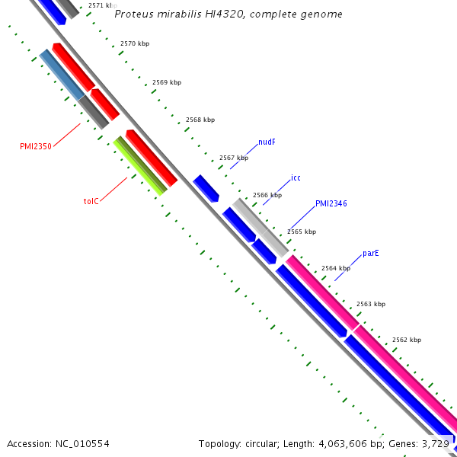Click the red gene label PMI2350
tap(36, 146)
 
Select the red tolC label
tap(91, 202)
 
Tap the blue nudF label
tap(267, 142)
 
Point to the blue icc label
tap(296, 178)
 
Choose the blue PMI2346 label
tap(331, 204)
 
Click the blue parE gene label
tap(371, 253)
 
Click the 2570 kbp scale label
tap(135, 44)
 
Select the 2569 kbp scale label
tap(167, 82)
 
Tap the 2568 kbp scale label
tap(200, 120)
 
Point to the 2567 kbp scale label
tap(234, 158)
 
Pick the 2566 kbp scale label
tap(267, 195)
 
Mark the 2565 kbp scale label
tap(302, 232)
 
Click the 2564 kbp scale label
tap(336, 268)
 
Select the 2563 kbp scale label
tap(370, 304)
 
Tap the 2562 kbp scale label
tap(407, 340)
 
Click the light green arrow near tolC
tap(140, 166)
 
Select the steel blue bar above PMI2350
tap(62, 74)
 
